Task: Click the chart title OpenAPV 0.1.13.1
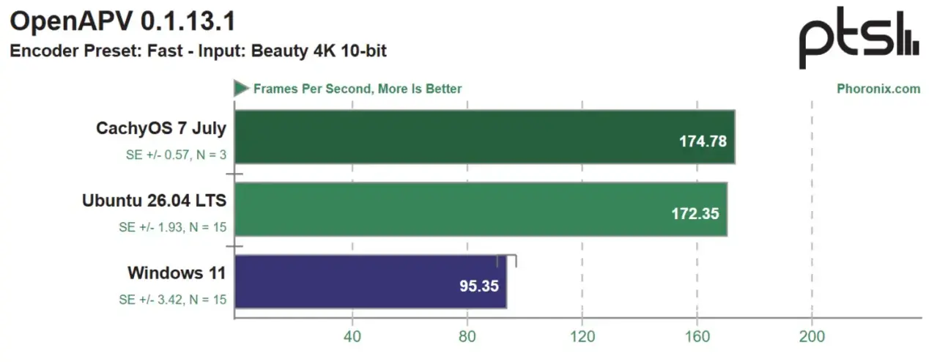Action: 123,21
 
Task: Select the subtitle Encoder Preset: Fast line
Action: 198,51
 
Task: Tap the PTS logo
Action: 859,38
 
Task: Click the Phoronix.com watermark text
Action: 878,89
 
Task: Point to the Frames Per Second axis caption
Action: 358,89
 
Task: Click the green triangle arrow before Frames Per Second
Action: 241,88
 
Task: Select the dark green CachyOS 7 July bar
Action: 484,137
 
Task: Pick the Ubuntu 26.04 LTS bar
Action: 481,209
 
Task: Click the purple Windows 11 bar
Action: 370,281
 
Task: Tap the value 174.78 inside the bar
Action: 703,141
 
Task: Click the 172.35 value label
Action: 695,214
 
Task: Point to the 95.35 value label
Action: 479,287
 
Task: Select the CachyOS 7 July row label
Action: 161,128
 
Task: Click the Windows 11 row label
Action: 177,273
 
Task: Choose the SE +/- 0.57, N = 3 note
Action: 176,155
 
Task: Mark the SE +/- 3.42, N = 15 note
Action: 173,300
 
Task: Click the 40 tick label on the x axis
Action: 352,336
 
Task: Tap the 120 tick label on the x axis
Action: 582,336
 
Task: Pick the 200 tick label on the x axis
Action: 812,336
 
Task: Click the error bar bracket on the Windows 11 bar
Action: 506,256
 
